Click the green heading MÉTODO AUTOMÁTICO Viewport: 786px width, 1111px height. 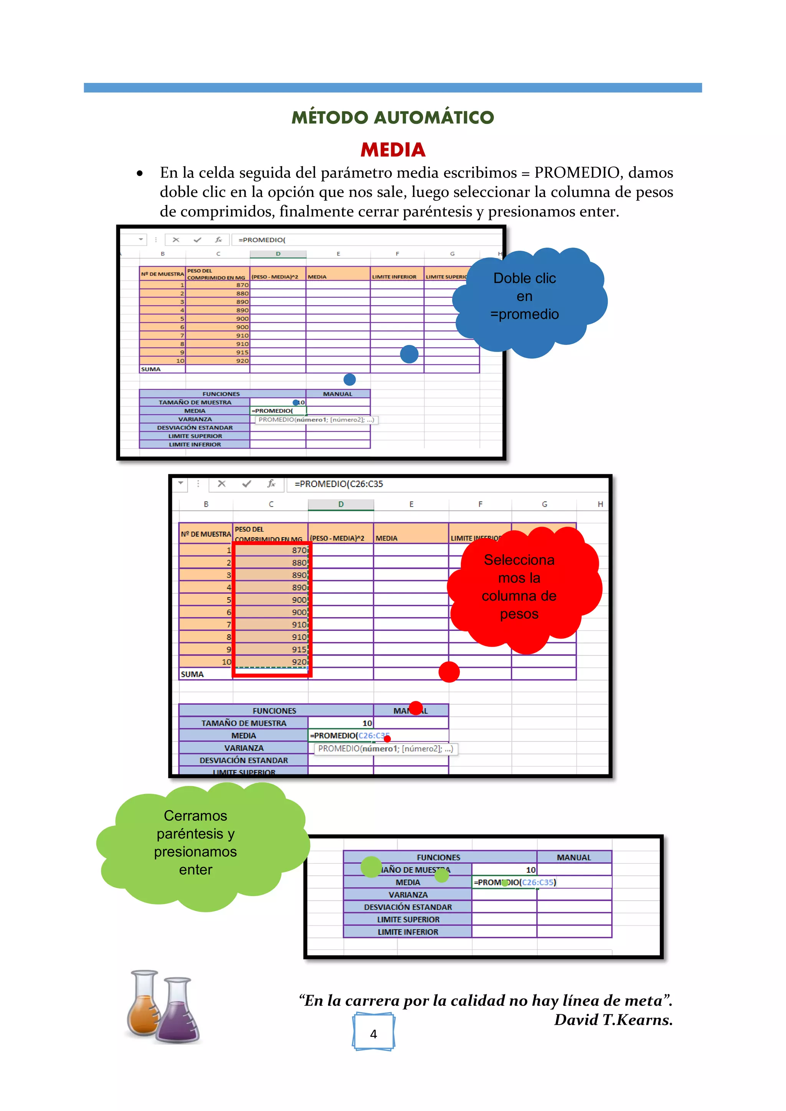(x=393, y=117)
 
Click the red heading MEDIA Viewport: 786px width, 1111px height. (x=393, y=150)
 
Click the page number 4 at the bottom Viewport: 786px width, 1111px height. (x=373, y=1034)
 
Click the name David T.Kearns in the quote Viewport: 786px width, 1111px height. (x=613, y=1020)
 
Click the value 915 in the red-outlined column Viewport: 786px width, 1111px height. (x=299, y=649)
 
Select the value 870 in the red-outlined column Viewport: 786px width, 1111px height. (x=299, y=550)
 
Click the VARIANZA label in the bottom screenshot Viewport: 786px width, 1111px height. (x=408, y=895)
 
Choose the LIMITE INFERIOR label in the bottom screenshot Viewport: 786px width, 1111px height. (x=408, y=932)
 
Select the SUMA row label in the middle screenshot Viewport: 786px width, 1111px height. (x=192, y=674)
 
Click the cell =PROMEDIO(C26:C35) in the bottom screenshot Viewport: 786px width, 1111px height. (x=515, y=882)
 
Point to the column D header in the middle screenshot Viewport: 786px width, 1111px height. (x=341, y=504)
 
